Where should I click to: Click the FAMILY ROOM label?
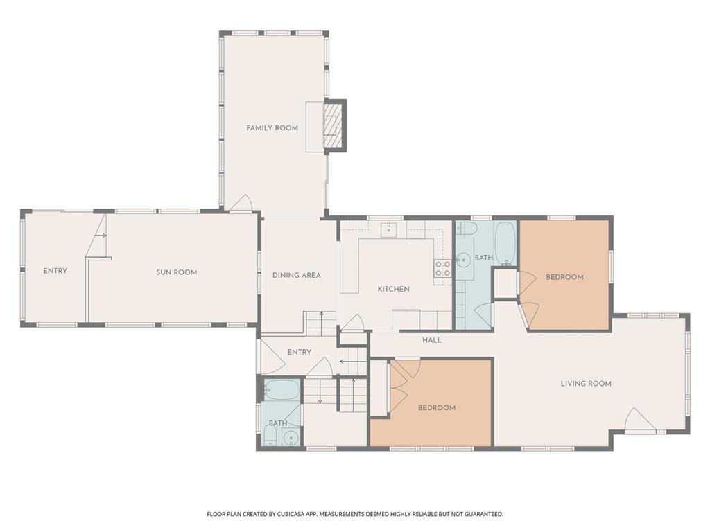(x=272, y=128)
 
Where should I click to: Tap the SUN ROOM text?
(x=176, y=272)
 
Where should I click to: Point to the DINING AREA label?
(x=296, y=275)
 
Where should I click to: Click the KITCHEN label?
(x=393, y=289)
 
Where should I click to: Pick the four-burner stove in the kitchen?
(x=442, y=269)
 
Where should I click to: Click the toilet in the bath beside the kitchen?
(x=468, y=229)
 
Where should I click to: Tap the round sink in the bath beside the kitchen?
(x=462, y=260)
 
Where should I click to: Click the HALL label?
(x=432, y=340)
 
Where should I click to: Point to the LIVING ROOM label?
(x=586, y=383)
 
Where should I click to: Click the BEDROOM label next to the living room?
(x=564, y=277)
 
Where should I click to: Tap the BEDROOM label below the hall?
(x=437, y=407)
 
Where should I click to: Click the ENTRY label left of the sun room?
(x=55, y=271)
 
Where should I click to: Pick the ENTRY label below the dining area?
(x=299, y=352)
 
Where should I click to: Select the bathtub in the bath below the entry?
(x=282, y=391)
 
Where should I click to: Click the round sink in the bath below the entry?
(x=291, y=437)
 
